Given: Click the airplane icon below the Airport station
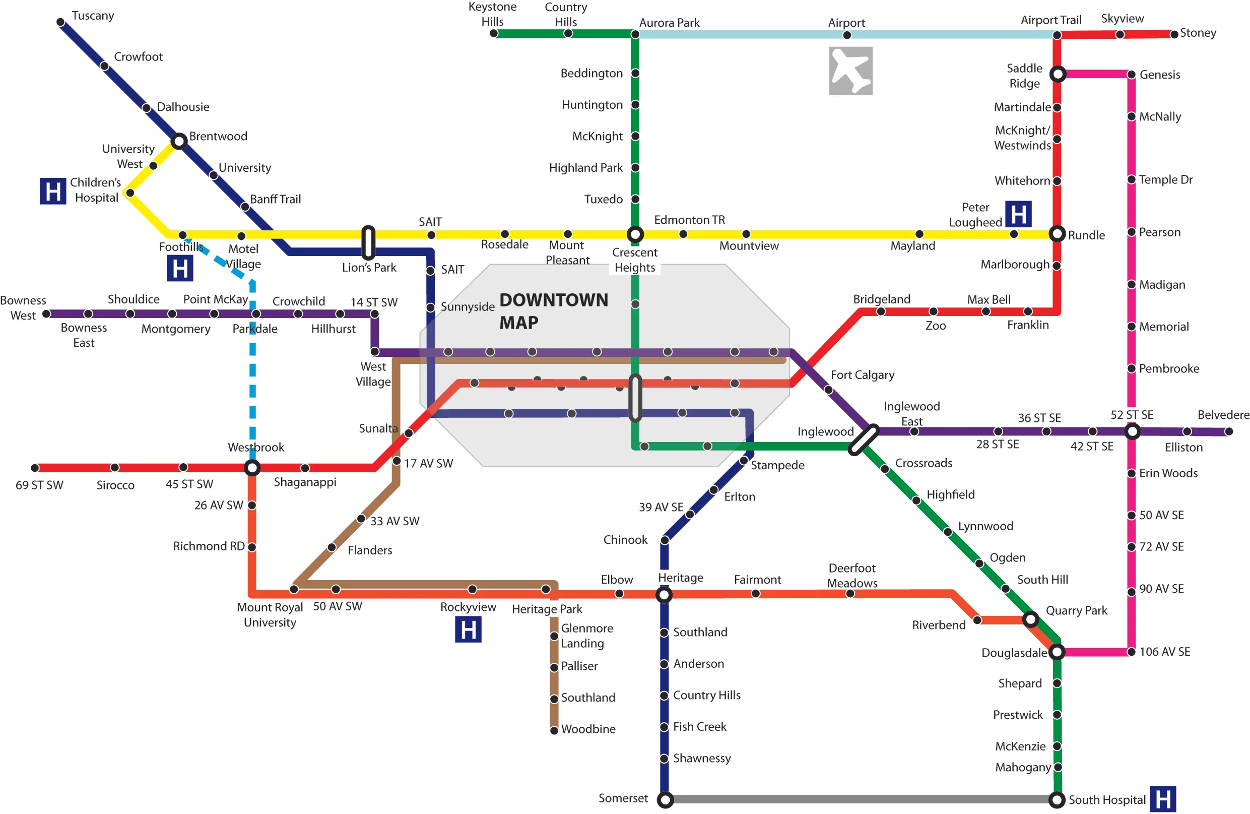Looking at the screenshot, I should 850,71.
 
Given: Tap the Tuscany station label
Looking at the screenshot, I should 93,16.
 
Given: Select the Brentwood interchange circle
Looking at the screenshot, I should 179,141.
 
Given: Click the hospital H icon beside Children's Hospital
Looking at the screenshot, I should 53,192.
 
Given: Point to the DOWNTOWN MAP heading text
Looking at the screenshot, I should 553,310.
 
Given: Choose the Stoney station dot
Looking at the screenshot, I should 1174,34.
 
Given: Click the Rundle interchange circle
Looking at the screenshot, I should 1057,234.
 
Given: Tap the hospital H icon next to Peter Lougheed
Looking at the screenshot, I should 1018,214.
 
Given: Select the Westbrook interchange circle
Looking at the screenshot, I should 252,467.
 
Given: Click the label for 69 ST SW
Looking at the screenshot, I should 39,485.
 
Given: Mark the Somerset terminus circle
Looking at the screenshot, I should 665,800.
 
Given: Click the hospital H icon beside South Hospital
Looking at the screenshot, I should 1163,799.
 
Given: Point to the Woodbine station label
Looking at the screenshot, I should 588,729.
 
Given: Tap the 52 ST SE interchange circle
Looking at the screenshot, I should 1132,431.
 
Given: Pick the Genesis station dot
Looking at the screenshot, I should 1132,75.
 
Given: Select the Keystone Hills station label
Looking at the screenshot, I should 492,14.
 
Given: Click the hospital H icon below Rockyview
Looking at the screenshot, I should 468,630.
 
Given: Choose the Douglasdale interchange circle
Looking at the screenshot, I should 1057,652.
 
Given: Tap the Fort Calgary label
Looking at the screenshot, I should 863,374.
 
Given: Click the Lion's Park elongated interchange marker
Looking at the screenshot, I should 369,242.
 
